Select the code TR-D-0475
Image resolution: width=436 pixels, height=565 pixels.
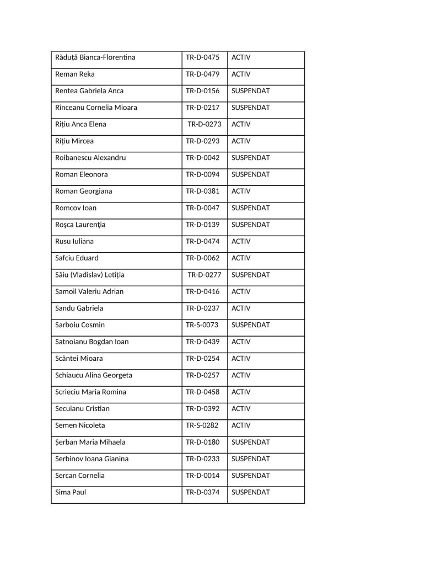pyautogui.click(x=202, y=57)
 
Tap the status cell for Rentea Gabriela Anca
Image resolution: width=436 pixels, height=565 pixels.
pyautogui.click(x=250, y=91)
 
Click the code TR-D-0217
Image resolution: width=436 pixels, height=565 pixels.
pyautogui.click(x=202, y=108)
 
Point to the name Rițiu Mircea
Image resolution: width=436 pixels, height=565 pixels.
pyautogui.click(x=74, y=141)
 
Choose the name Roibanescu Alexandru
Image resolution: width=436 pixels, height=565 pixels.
pyautogui.click(x=90, y=158)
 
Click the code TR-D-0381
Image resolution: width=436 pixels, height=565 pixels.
pyautogui.click(x=202, y=191)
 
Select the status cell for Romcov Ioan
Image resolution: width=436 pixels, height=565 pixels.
pyautogui.click(x=250, y=208)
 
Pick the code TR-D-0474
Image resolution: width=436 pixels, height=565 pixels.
pyautogui.click(x=202, y=242)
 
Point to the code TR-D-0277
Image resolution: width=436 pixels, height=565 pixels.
pyautogui.click(x=204, y=275)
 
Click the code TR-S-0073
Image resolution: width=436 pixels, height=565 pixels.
pyautogui.click(x=202, y=325)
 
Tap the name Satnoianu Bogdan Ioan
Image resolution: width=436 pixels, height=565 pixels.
pyautogui.click(x=92, y=342)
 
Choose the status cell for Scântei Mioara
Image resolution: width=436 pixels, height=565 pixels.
pyautogui.click(x=241, y=359)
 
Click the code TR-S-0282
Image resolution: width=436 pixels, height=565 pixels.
pyautogui.click(x=202, y=425)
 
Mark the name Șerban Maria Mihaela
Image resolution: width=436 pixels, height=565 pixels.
pyautogui.click(x=90, y=442)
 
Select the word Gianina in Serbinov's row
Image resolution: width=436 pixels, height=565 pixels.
pyautogui.click(x=116, y=459)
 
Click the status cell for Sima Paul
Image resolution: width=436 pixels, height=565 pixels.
pyautogui.click(x=250, y=492)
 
